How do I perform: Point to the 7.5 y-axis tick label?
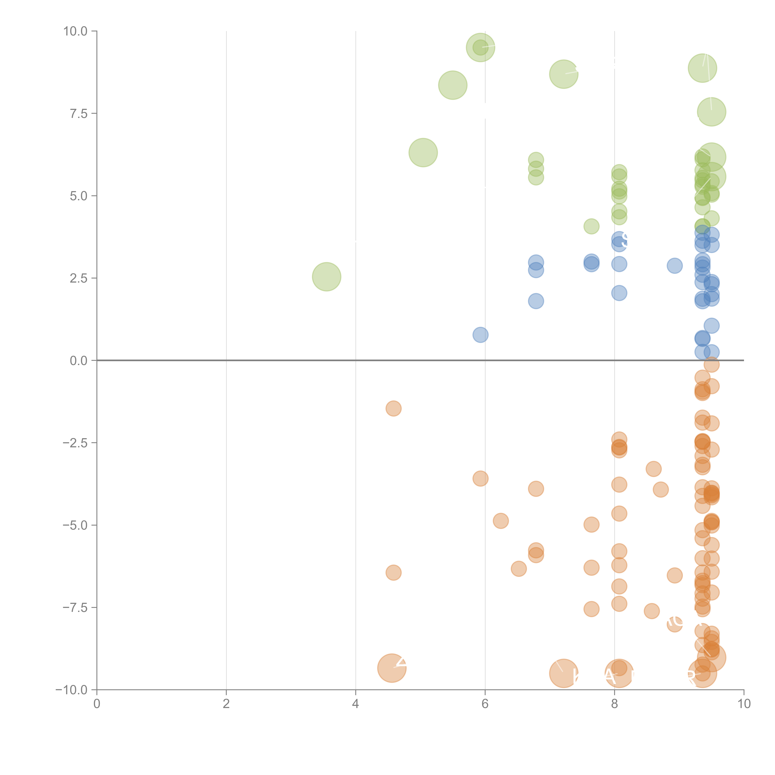79,113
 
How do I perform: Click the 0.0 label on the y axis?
79,361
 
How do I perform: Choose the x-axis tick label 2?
226,704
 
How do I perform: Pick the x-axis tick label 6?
485,704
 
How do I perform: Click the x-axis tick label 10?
744,704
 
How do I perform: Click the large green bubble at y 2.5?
327,277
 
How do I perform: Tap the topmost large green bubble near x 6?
480,47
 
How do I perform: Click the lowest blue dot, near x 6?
480,334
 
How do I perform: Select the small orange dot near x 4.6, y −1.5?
394,408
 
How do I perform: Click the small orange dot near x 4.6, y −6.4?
394,572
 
